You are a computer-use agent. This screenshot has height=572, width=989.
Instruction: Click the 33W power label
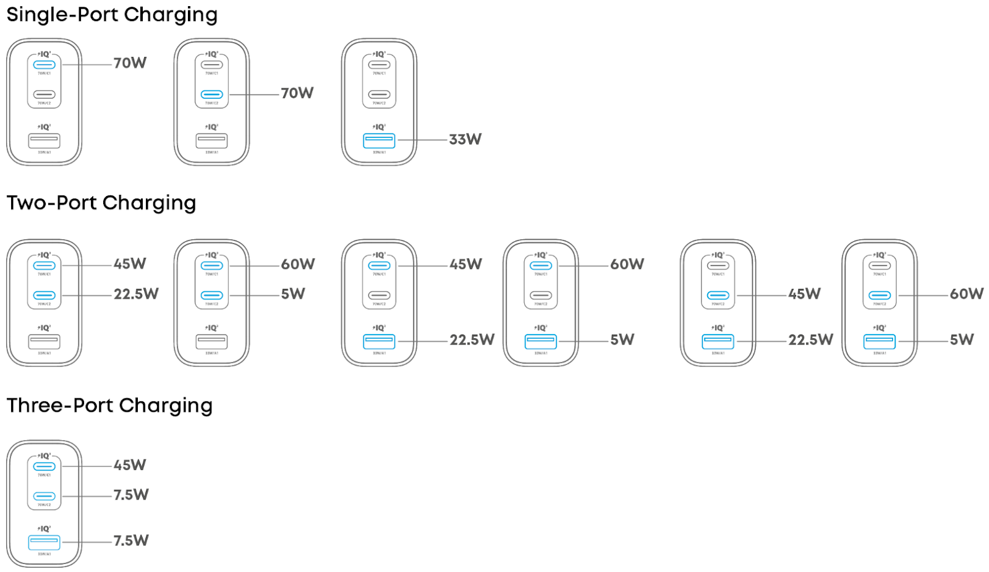coord(465,140)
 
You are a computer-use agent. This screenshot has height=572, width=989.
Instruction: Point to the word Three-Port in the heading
coord(60,406)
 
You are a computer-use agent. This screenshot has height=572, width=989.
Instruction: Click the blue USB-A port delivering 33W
coord(379,140)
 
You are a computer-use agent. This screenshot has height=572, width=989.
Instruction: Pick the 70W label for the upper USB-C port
coord(130,63)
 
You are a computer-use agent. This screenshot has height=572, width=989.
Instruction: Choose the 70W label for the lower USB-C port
coord(297,93)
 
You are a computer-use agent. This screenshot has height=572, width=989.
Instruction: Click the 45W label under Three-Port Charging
coord(130,465)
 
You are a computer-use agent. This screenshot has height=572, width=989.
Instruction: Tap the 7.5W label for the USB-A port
coord(131,540)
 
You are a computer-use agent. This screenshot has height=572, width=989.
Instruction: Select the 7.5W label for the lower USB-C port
coord(131,495)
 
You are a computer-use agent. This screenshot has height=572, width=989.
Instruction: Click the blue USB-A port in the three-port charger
coord(44,542)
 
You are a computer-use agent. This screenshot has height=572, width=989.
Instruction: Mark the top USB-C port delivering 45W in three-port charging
coord(44,466)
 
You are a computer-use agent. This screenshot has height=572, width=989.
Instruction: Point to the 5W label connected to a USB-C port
coord(293,294)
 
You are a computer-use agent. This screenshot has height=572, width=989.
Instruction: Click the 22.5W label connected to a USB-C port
coord(136,294)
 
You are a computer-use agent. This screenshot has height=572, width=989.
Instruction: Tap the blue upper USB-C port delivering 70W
coord(44,65)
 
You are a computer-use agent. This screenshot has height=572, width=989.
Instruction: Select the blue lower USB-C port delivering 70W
coord(211,95)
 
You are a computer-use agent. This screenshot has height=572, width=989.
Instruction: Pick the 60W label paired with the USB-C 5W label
coord(298,264)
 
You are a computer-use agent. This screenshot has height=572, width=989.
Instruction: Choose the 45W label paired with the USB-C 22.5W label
coord(130,264)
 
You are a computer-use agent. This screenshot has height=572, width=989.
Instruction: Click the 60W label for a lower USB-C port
coord(967,294)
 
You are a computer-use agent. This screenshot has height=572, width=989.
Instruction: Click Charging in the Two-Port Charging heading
coord(149,203)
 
